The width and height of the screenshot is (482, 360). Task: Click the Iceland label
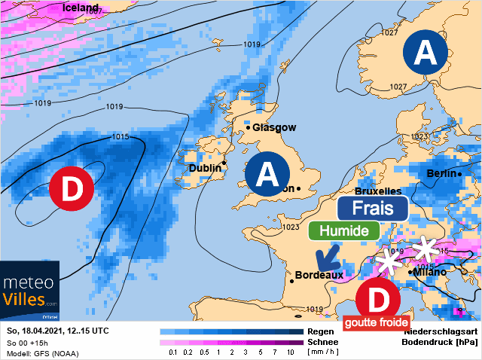tap(81, 8)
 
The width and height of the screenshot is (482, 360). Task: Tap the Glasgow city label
tap(274, 128)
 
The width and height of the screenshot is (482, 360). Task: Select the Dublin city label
tap(205, 168)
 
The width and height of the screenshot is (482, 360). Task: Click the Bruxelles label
tap(377, 191)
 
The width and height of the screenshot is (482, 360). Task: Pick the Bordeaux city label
tap(319, 276)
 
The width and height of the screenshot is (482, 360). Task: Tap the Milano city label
tap(429, 272)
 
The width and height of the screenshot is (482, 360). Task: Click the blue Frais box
tap(373, 209)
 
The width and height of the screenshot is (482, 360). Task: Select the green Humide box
tap(343, 230)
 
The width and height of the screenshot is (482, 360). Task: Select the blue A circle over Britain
tap(267, 174)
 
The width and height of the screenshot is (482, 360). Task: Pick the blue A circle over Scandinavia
tap(426, 53)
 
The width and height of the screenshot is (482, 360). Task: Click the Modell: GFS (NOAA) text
tap(42, 354)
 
